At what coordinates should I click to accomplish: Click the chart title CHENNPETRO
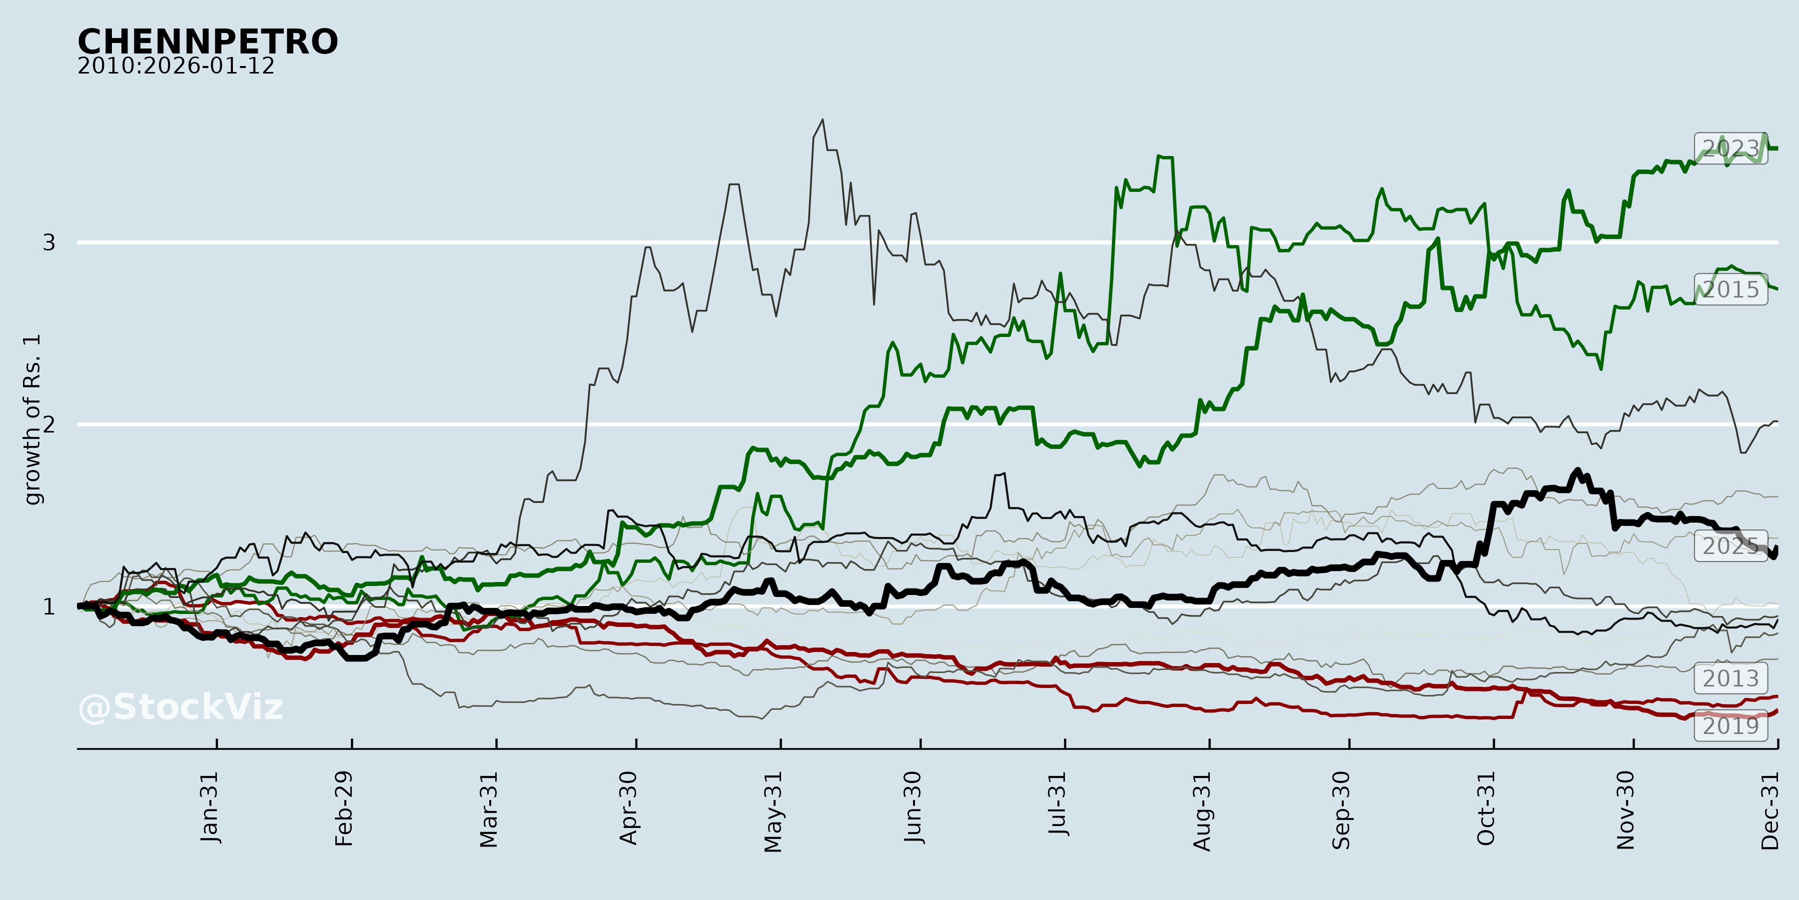pyautogui.click(x=207, y=42)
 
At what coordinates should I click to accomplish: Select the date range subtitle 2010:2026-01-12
pyautogui.click(x=176, y=66)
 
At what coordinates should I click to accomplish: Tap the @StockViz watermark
pyautogui.click(x=181, y=707)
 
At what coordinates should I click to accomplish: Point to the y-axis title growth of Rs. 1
pyautogui.click(x=32, y=419)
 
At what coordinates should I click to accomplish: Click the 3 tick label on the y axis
pyautogui.click(x=49, y=242)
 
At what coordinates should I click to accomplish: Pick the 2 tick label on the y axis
pyautogui.click(x=49, y=424)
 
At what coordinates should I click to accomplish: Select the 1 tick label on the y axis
pyautogui.click(x=49, y=606)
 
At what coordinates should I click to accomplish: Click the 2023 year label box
pyautogui.click(x=1731, y=148)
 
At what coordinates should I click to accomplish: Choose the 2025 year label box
pyautogui.click(x=1731, y=545)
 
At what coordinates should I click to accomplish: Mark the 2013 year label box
pyautogui.click(x=1731, y=678)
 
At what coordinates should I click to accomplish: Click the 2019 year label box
pyautogui.click(x=1731, y=726)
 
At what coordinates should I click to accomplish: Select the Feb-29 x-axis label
pyautogui.click(x=344, y=808)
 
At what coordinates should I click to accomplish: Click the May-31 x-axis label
pyautogui.click(x=773, y=812)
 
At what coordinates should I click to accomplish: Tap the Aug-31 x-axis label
pyautogui.click(x=1202, y=811)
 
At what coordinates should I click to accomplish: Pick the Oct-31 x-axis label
pyautogui.click(x=1486, y=808)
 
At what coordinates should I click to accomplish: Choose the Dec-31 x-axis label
pyautogui.click(x=1771, y=810)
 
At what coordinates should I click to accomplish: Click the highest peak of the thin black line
pyautogui.click(x=823, y=120)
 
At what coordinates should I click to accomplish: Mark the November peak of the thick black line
pyautogui.click(x=1578, y=470)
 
